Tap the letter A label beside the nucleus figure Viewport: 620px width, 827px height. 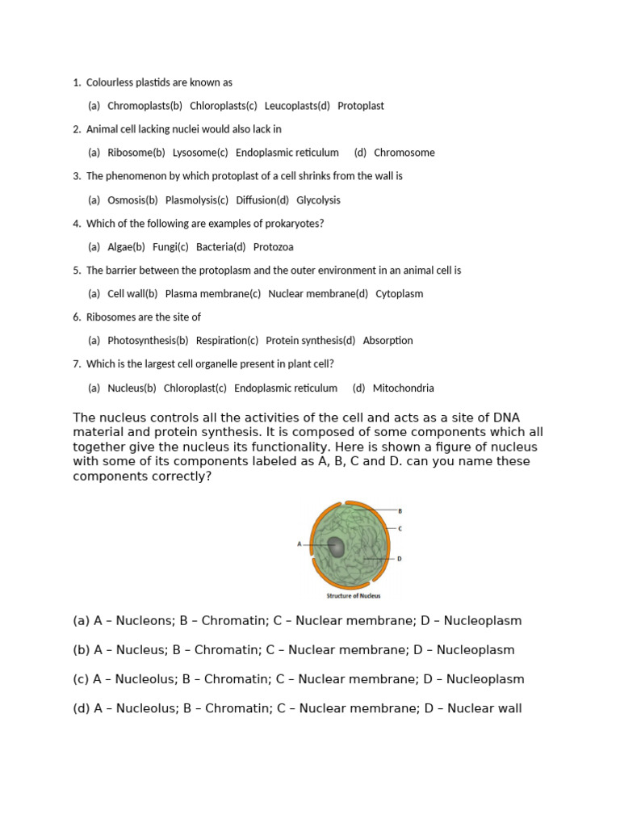(x=300, y=544)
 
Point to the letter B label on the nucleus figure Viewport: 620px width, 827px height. (x=400, y=511)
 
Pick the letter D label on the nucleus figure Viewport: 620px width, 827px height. (x=400, y=558)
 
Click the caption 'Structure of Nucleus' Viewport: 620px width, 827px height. (x=353, y=596)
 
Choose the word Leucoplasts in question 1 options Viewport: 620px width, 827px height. (x=291, y=106)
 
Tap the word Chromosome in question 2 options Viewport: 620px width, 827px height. (x=404, y=153)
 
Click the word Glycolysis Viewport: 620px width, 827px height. (x=318, y=200)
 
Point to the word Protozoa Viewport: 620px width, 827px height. (x=274, y=247)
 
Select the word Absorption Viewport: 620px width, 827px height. (x=387, y=341)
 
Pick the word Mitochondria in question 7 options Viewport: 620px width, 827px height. (x=403, y=388)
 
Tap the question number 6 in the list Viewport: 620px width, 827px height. (x=77, y=317)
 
